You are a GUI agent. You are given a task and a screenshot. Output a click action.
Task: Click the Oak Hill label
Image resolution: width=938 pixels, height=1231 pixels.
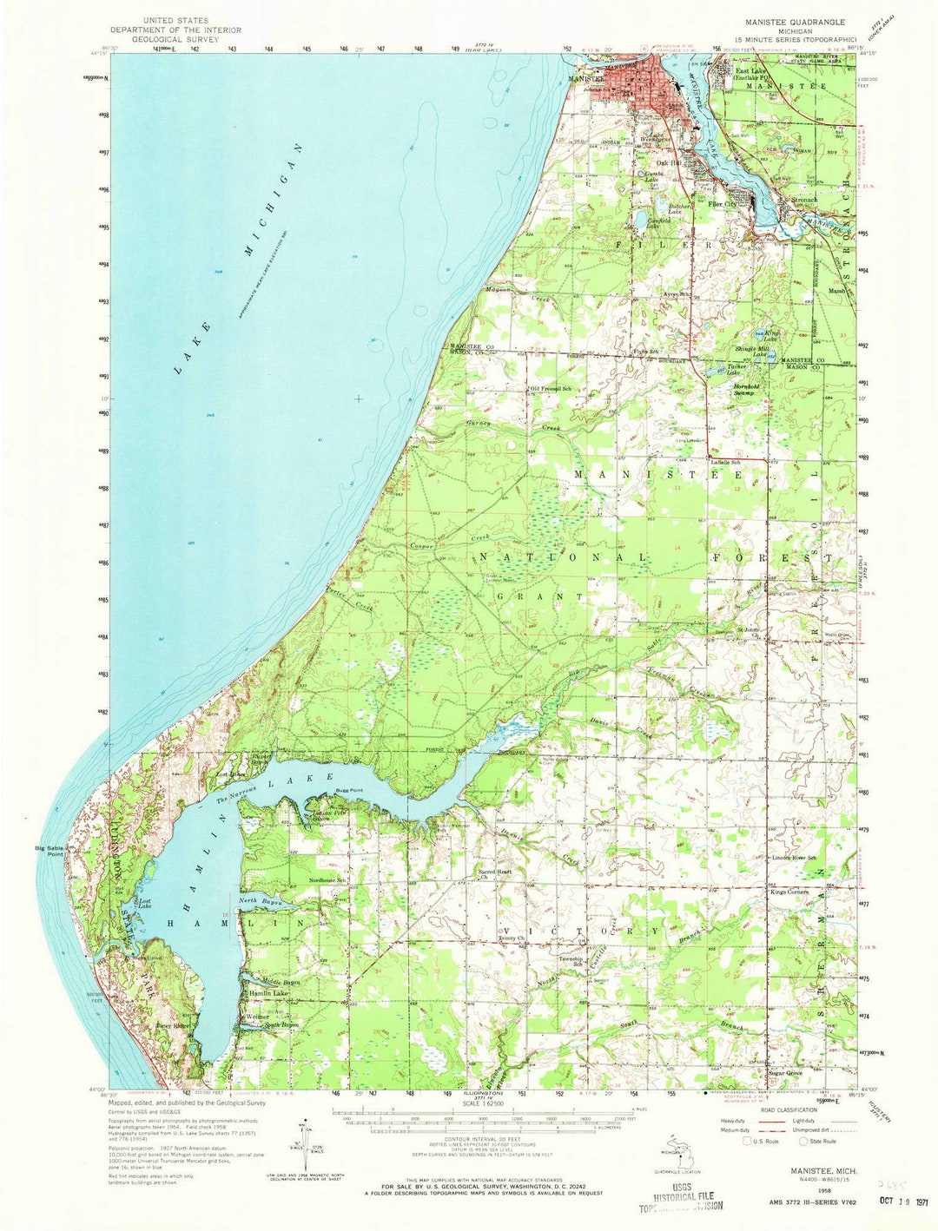coord(669,162)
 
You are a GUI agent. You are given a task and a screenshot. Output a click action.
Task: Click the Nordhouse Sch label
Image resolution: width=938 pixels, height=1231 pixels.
coord(327,880)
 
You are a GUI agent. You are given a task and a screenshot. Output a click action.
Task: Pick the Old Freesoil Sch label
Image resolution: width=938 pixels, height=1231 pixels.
coord(552,388)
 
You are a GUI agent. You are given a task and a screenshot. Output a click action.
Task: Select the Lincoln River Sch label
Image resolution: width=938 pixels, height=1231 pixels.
coord(795,858)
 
